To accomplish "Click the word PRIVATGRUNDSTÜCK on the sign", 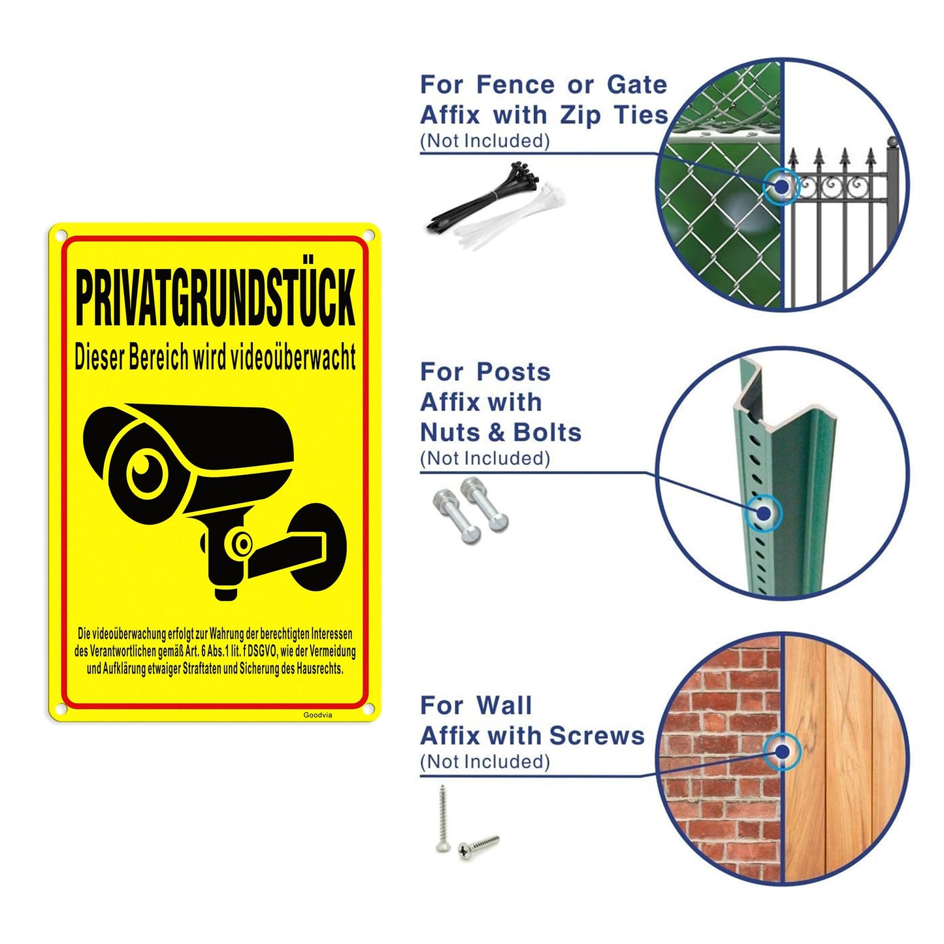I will point(215,297).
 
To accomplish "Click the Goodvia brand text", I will point(317,715).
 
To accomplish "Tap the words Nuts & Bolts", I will point(500,432).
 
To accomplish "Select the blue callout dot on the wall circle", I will point(782,751).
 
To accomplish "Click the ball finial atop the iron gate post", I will point(892,142).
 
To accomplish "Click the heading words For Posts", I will point(485,372).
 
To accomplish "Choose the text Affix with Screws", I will point(532,736).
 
